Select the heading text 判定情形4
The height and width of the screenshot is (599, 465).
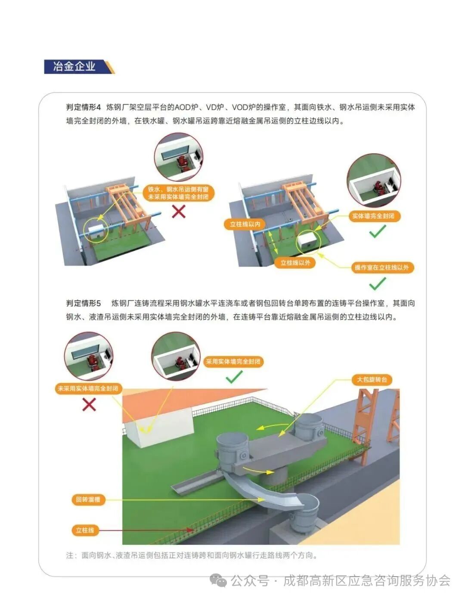pos(83,107)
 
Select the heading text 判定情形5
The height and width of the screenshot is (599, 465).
pos(83,303)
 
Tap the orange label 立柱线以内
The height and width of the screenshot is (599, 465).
pos(245,224)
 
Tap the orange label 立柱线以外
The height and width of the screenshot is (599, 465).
pos(295,263)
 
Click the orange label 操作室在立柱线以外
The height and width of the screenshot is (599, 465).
pos(381,267)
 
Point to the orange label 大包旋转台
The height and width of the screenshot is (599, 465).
pos(372,380)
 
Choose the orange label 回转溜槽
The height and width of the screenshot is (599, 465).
pos(88,500)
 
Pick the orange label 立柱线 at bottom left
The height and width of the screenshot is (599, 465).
pos(85,530)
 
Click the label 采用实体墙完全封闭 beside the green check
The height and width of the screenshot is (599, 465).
pos(233,362)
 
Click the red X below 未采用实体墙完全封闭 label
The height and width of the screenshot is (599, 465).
pos(89,404)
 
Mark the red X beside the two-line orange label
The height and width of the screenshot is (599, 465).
pos(179,211)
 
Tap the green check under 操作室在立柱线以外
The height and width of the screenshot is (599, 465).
pos(378,284)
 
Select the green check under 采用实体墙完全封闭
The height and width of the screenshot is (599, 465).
pos(234,378)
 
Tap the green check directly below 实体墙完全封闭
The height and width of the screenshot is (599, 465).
pos(378,232)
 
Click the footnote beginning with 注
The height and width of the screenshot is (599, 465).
pos(192,556)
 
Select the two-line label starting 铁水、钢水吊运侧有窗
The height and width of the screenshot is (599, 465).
pos(178,193)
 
